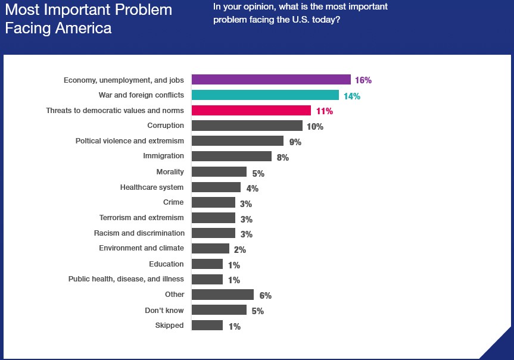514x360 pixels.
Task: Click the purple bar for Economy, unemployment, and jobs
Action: (x=270, y=80)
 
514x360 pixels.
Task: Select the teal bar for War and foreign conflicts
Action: (x=265, y=95)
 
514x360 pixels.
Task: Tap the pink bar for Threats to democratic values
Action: (x=251, y=111)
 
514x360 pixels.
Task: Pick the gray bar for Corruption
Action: (x=247, y=126)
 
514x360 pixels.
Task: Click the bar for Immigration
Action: (x=232, y=156)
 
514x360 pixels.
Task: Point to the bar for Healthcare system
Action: (x=216, y=187)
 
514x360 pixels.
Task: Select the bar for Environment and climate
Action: (x=210, y=248)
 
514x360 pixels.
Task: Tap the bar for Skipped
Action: (x=207, y=325)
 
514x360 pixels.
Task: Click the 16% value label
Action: (x=363, y=80)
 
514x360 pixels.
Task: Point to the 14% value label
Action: (x=351, y=96)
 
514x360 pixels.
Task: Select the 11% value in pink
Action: (x=324, y=111)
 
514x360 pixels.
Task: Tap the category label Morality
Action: (x=170, y=172)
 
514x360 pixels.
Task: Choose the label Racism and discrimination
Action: (x=139, y=233)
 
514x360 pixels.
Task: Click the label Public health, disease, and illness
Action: (x=126, y=279)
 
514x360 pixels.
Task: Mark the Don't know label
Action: (x=164, y=310)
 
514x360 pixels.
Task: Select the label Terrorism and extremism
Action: (x=142, y=218)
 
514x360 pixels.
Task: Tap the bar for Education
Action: (x=207, y=264)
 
